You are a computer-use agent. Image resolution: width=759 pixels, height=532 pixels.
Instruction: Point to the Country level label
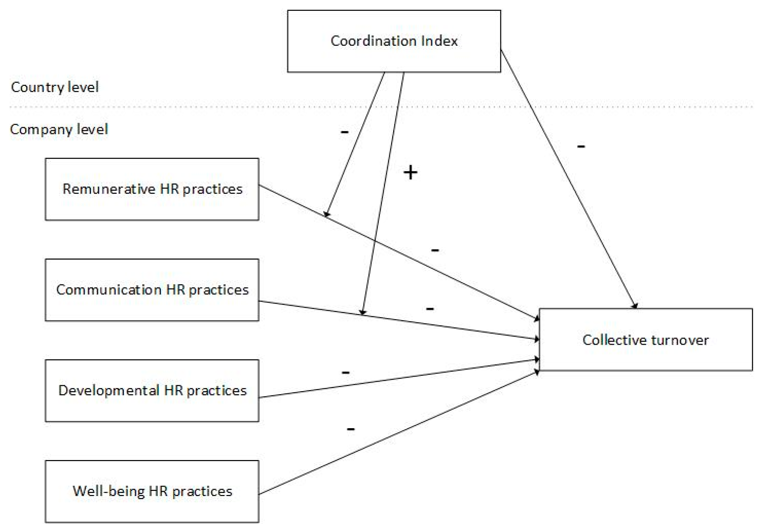click(x=55, y=87)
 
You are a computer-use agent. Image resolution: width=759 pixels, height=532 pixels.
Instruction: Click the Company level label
click(x=59, y=129)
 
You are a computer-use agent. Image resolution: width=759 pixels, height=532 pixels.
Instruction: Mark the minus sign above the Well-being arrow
click(x=350, y=429)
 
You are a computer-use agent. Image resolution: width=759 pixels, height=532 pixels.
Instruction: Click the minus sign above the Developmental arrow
click(x=345, y=373)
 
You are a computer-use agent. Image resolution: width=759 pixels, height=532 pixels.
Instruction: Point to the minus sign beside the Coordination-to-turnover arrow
click(x=581, y=146)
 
